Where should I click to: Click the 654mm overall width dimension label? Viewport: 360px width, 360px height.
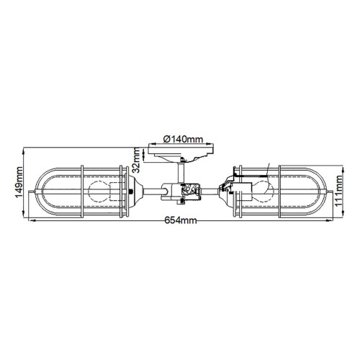[x=180, y=222]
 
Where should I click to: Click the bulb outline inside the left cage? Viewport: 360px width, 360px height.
[x=99, y=192]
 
